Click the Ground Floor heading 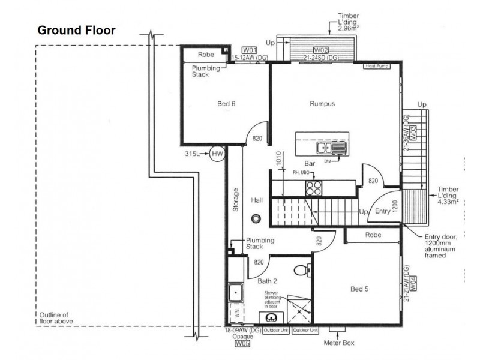click(76, 30)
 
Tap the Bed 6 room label click(226, 104)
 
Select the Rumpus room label click(322, 104)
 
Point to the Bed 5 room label click(359, 289)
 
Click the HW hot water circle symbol click(217, 155)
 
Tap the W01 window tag click(250, 50)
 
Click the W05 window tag click(241, 344)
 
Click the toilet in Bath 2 click(302, 271)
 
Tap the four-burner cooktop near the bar click(314, 188)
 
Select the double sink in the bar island click(329, 148)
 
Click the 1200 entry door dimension click(394, 207)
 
